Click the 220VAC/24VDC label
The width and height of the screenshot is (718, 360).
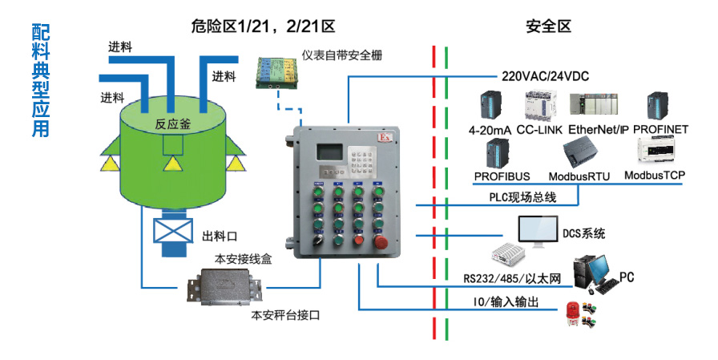[x=545, y=77]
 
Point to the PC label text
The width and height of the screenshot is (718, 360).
[x=627, y=278]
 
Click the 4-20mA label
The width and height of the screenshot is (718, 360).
[x=490, y=128]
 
